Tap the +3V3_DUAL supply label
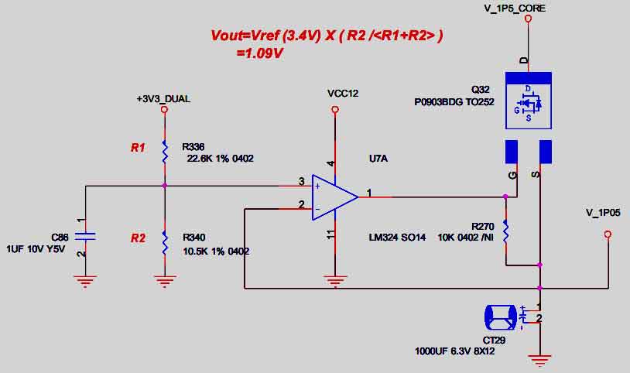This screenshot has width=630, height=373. pos(163,99)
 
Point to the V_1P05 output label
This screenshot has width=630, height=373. pos(604,212)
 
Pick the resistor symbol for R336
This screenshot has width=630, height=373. pos(164,152)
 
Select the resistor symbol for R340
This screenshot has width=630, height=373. pos(164,241)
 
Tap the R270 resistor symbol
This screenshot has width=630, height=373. pos(505,231)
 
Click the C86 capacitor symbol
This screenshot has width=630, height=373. pos(86,235)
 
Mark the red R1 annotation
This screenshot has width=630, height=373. pos(137,147)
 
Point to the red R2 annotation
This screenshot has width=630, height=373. pos(137,238)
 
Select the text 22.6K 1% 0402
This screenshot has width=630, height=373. pos(221,159)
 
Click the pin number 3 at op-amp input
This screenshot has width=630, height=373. pos(301,182)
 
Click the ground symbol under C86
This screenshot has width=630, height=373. pos(86,279)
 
